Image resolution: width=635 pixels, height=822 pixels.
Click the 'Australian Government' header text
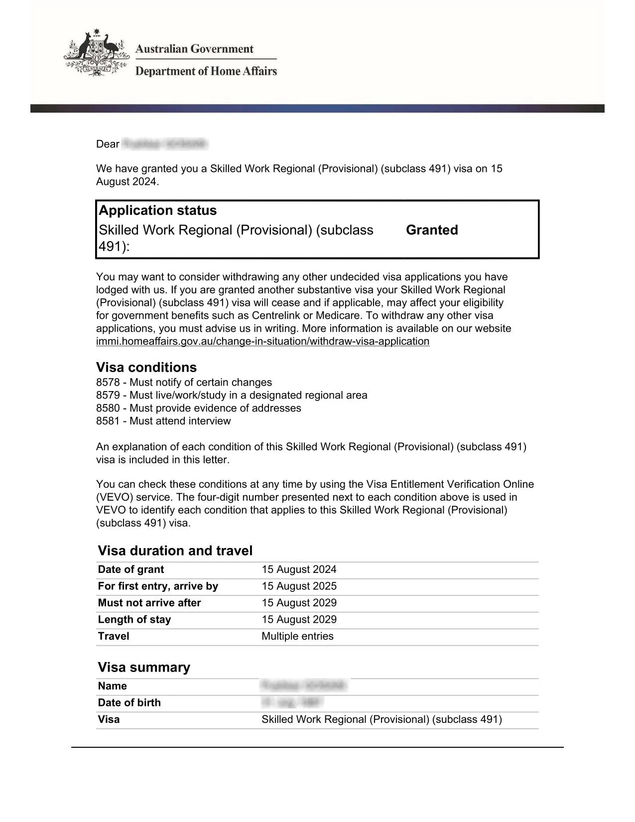pyautogui.click(x=194, y=49)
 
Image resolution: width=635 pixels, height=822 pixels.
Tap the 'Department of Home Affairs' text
pyautogui.click(x=206, y=71)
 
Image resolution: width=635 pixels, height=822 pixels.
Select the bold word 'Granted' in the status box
pyautogui.click(x=432, y=230)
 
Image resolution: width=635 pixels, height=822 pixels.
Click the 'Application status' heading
pyautogui.click(x=158, y=210)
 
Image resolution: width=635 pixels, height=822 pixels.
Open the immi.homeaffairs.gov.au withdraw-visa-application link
pyautogui.click(x=262, y=341)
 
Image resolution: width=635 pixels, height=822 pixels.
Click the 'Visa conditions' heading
pyautogui.click(x=146, y=368)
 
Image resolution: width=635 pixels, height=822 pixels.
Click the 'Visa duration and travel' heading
pyautogui.click(x=175, y=550)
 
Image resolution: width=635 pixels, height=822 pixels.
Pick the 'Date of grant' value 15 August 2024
pyautogui.click(x=299, y=569)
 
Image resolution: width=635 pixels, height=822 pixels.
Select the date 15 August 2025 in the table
pyautogui.click(x=299, y=586)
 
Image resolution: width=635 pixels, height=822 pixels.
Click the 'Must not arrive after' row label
pyautogui.click(x=149, y=603)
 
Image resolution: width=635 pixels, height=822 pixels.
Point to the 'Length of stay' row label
pyautogui.click(x=134, y=620)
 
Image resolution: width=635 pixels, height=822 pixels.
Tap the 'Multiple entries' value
pyautogui.click(x=297, y=636)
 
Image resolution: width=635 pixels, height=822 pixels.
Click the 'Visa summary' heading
pyautogui.click(x=144, y=667)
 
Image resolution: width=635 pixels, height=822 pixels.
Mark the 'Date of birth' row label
pyautogui.click(x=129, y=703)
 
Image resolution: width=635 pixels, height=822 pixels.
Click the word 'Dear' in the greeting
pyautogui.click(x=108, y=144)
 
